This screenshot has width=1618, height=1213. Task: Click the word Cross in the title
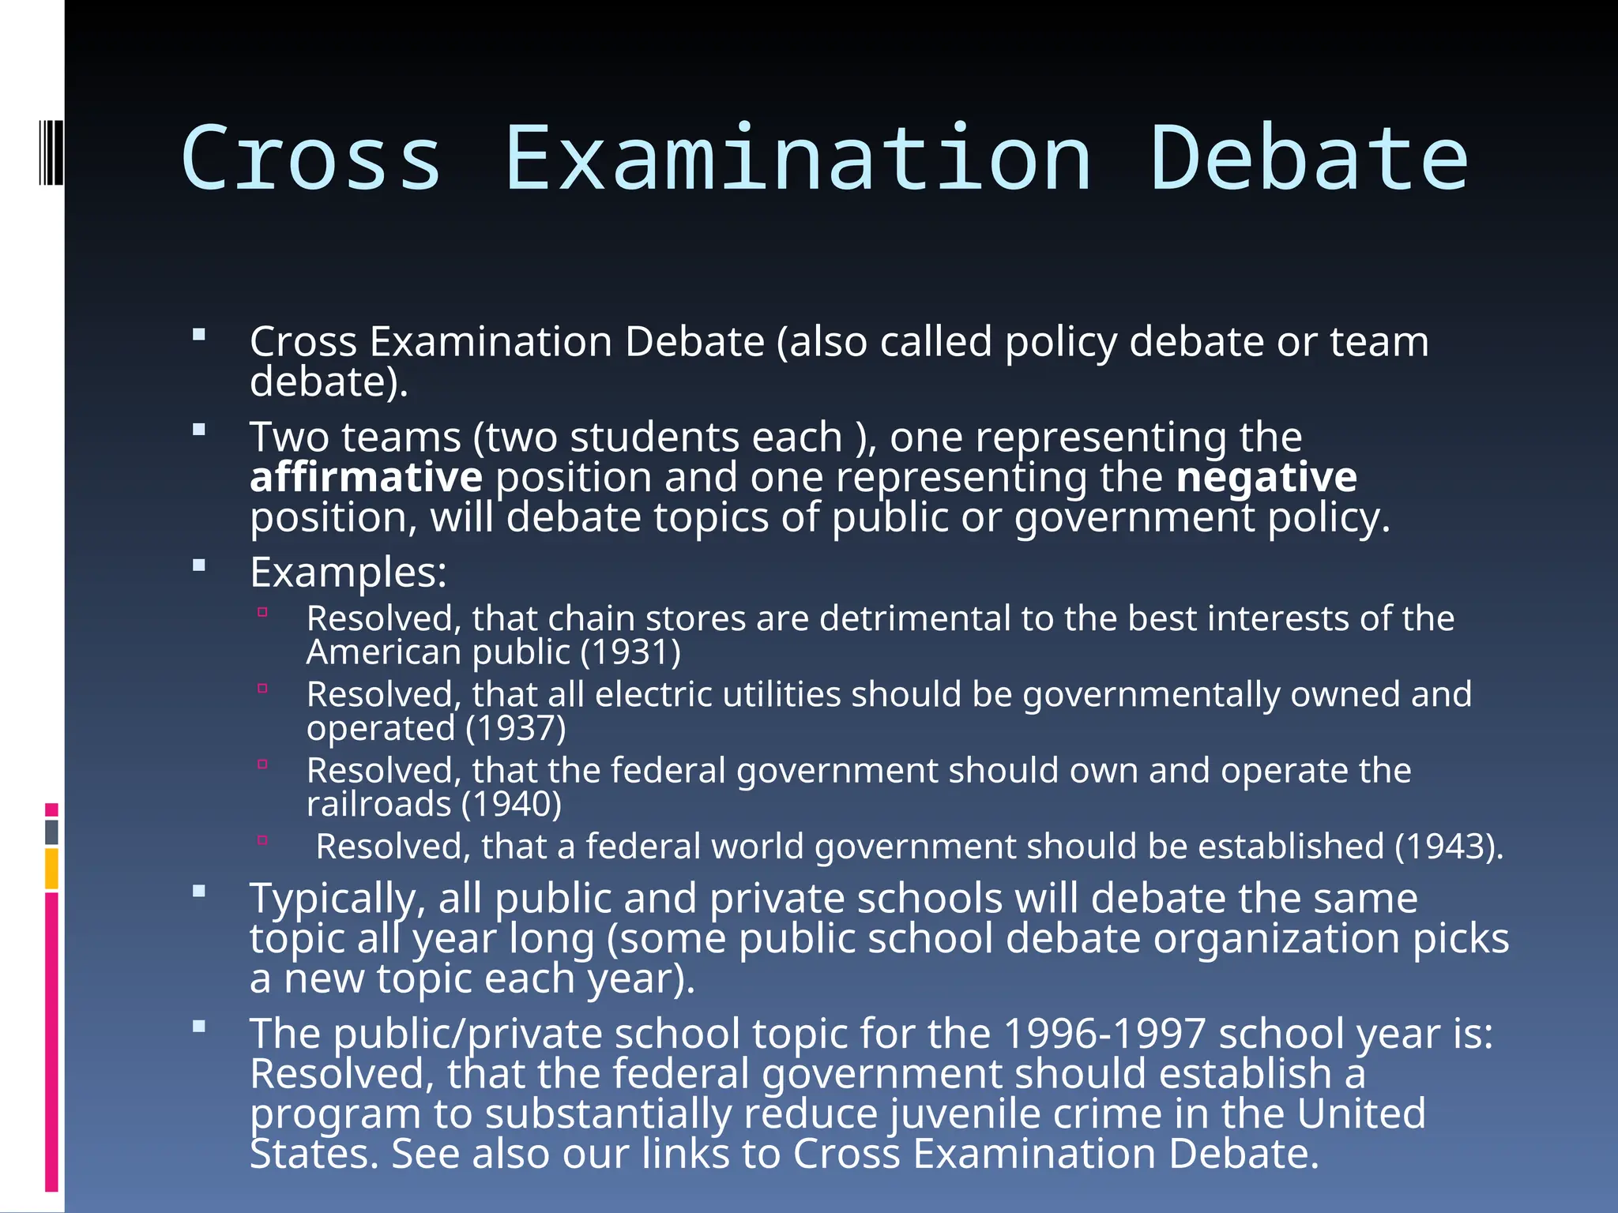tap(310, 158)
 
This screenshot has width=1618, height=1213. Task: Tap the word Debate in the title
tap(1308, 158)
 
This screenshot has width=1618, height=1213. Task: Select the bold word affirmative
tap(366, 477)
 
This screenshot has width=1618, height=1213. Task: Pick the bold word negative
tap(1266, 477)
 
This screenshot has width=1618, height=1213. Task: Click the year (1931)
tap(630, 652)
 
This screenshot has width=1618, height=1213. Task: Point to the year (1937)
tap(516, 728)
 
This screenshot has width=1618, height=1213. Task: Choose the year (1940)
tap(512, 804)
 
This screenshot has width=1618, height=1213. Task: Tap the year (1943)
tap(1448, 847)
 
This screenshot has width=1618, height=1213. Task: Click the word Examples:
tap(348, 572)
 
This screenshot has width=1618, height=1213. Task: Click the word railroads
tap(378, 804)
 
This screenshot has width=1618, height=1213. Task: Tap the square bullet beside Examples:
tap(199, 565)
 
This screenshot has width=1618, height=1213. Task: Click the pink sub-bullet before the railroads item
tap(263, 764)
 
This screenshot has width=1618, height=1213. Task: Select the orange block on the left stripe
tap(51, 869)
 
